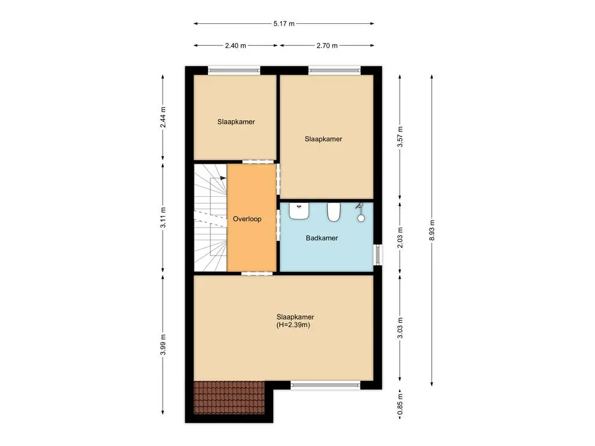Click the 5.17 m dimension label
(x=284, y=24)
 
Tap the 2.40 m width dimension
(x=235, y=45)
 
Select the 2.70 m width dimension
(x=327, y=45)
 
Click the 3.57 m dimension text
(x=400, y=138)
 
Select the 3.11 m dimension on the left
(x=163, y=217)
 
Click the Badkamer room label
(x=322, y=238)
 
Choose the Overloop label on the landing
(x=247, y=220)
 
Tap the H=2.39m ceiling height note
(x=295, y=326)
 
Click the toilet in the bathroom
(x=334, y=213)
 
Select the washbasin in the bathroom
(x=299, y=211)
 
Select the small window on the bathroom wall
(x=378, y=254)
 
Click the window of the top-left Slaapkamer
(x=234, y=71)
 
